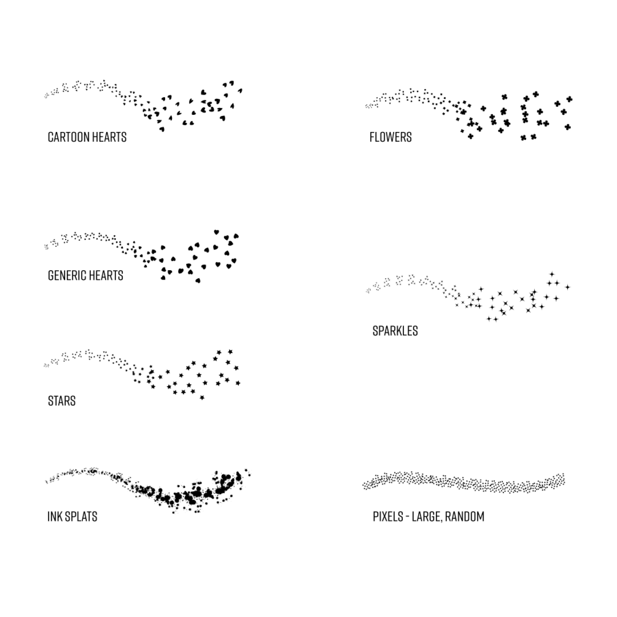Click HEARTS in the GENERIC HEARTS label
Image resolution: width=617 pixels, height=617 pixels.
(106, 276)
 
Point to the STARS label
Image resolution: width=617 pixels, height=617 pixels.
(61, 402)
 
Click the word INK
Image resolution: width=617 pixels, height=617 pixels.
(54, 516)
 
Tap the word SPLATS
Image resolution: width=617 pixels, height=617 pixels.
(80, 516)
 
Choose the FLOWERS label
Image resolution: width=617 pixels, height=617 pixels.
(390, 137)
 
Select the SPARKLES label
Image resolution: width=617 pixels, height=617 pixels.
(395, 331)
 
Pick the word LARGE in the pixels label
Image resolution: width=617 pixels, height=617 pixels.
(432, 517)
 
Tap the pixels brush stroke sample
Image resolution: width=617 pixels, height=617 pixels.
(464, 482)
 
